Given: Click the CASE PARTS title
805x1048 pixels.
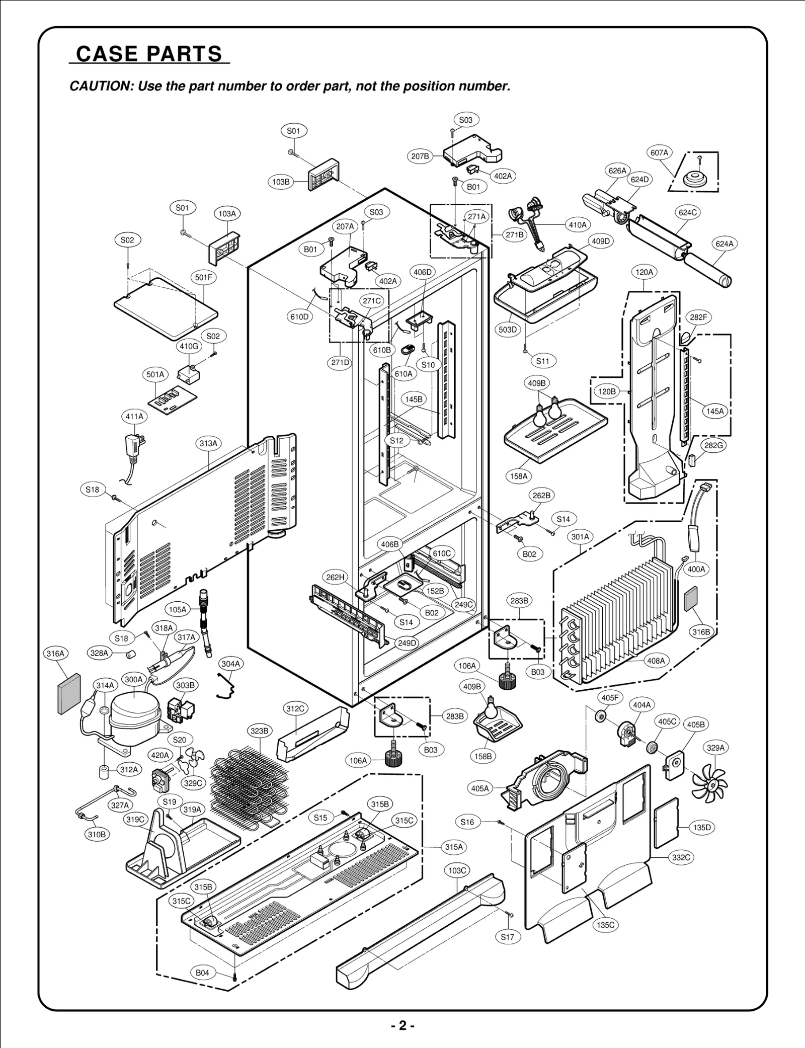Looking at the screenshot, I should (x=149, y=54).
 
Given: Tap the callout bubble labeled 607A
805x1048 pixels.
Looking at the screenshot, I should (x=659, y=152).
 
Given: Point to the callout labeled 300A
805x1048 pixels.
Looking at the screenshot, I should (x=134, y=679).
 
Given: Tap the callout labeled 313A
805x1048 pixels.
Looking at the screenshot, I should (x=208, y=443).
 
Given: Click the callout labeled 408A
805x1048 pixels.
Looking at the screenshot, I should (x=656, y=661).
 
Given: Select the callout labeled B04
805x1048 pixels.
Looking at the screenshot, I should (x=202, y=973).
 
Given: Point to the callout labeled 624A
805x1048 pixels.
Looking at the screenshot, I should (x=725, y=244).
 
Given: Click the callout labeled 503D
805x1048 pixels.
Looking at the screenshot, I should (x=508, y=330).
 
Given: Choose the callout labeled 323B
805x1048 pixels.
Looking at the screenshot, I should (x=260, y=731).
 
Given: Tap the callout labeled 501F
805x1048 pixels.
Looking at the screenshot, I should (x=203, y=277).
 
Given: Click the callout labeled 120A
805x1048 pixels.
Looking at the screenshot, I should (x=645, y=272).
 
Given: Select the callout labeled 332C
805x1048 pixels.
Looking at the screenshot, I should (x=681, y=858).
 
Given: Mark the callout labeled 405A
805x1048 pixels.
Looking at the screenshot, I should (x=480, y=788).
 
